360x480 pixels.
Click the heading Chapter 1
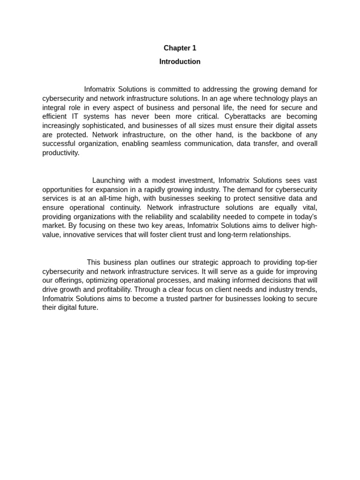180,48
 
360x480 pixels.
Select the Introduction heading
180,61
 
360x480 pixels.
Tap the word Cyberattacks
245,116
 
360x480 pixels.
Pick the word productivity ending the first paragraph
60,153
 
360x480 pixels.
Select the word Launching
107,180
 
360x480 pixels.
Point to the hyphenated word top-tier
306,262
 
